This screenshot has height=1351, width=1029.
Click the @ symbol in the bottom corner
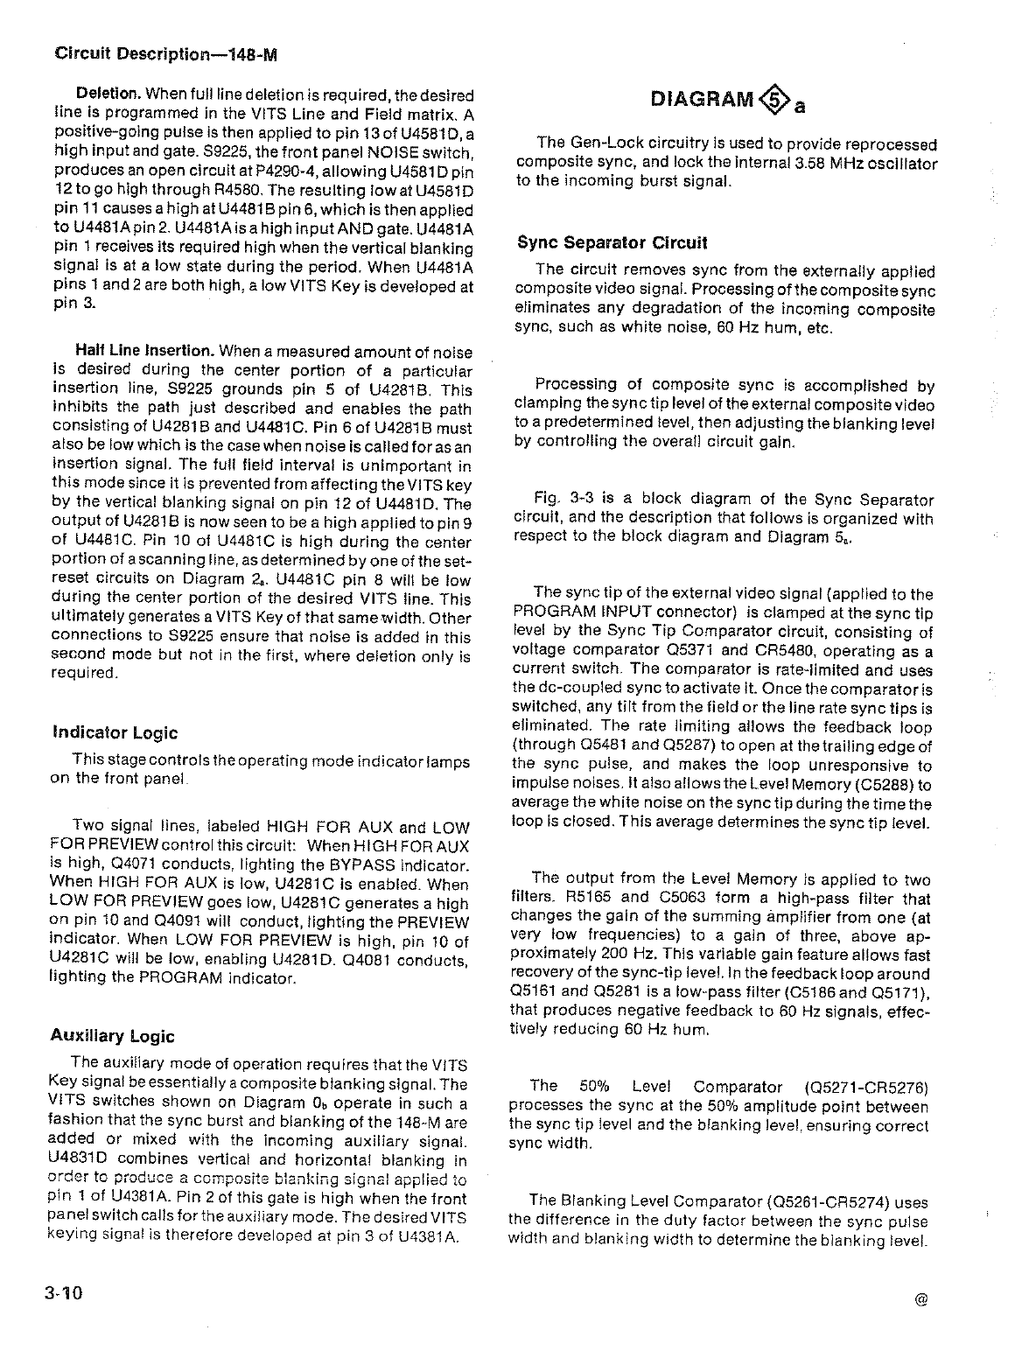click(920, 1299)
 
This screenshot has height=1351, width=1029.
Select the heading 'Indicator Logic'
click(115, 733)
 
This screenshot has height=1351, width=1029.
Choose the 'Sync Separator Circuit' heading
click(612, 242)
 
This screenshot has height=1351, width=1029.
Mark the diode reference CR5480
click(819, 652)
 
